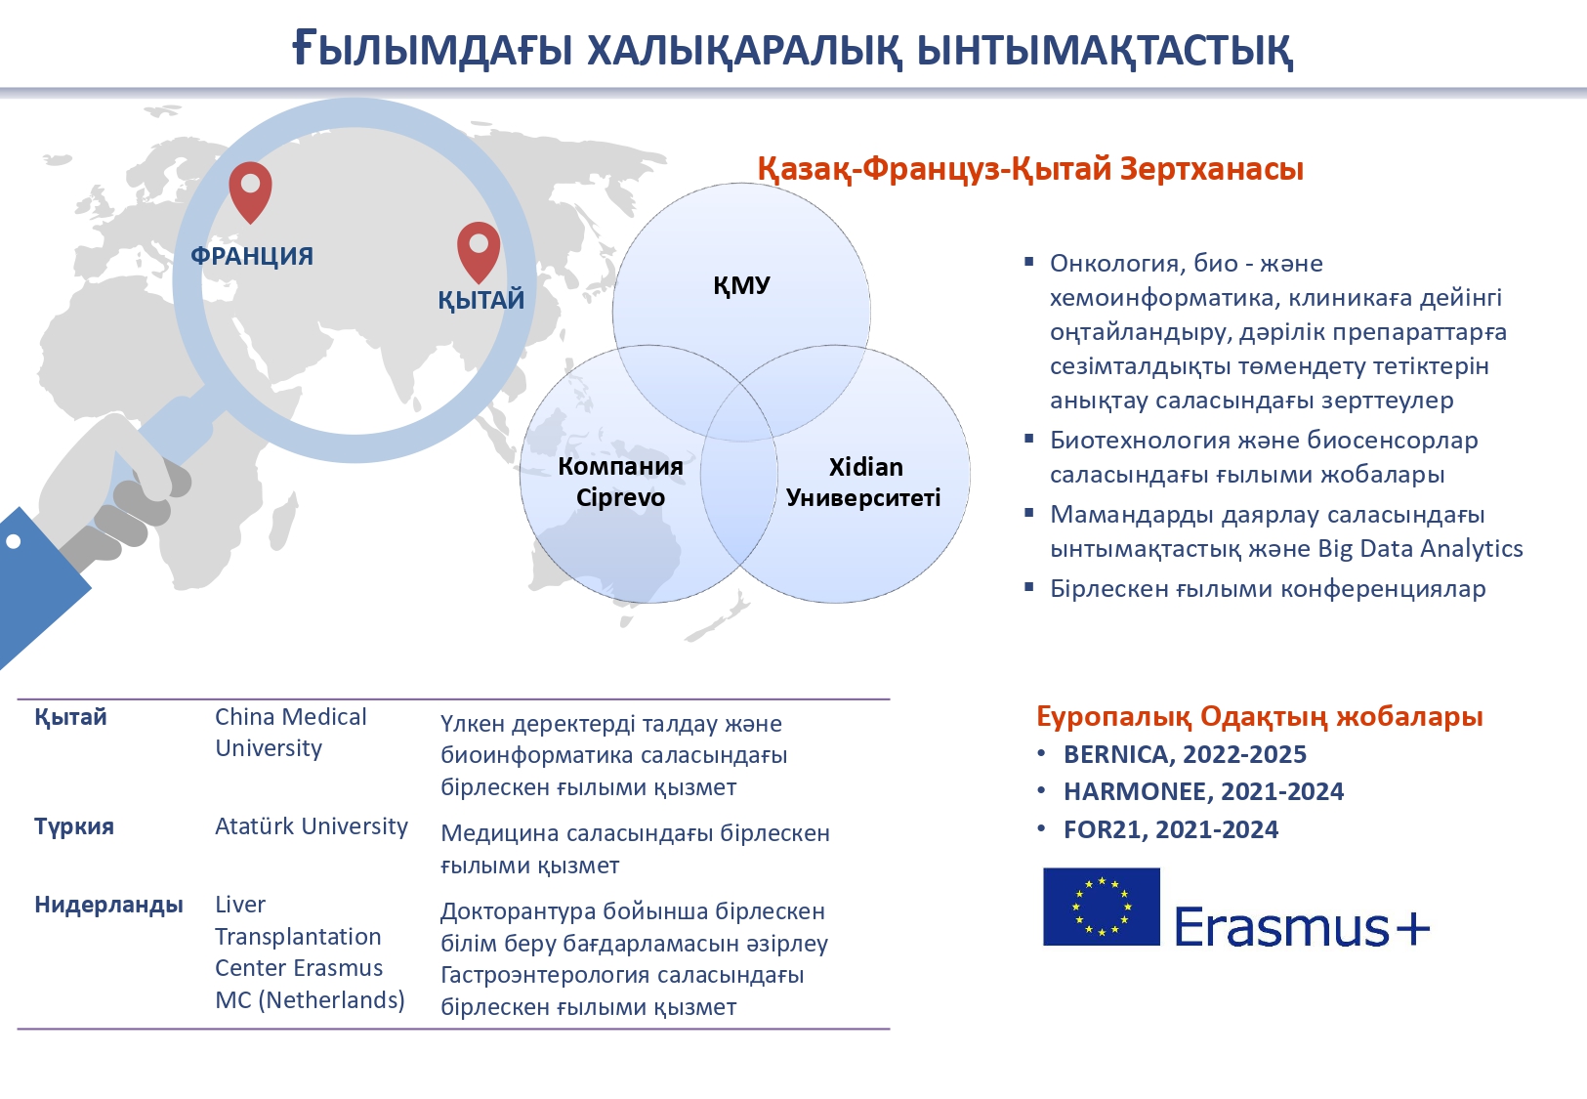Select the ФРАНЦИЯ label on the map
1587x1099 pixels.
click(x=252, y=256)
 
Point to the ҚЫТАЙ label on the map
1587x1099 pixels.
click(x=481, y=300)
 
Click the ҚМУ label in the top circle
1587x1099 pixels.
click(x=741, y=285)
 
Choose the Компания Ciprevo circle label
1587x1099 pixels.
click(x=620, y=482)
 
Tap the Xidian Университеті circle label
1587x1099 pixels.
click(x=863, y=482)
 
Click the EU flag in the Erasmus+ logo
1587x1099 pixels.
click(x=1101, y=907)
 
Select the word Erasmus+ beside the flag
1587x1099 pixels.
click(x=1302, y=926)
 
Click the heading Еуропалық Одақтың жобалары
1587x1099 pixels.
click(x=1260, y=716)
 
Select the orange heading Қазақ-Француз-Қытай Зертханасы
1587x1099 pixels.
click(x=1030, y=169)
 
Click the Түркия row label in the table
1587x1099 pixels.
click(x=74, y=826)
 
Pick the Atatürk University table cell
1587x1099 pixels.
click(x=311, y=826)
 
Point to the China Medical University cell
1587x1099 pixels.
click(x=290, y=732)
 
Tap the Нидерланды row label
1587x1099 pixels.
click(x=109, y=905)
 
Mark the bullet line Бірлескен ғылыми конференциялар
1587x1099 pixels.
click(x=1268, y=589)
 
